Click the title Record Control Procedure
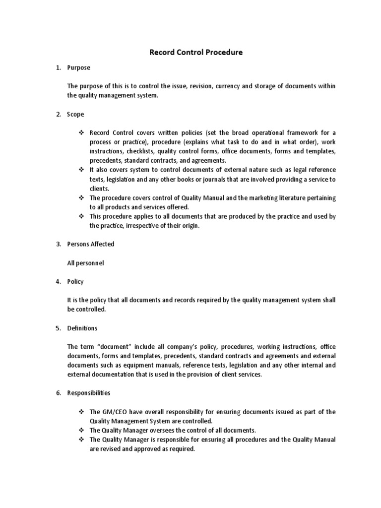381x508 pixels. pos(196,52)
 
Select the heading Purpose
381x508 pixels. pos(79,67)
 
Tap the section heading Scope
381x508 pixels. pos(76,114)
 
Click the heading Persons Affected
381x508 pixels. pos(90,244)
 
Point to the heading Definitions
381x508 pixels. pos(82,328)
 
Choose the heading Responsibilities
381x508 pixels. pos(89,393)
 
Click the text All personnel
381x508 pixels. pos(85,263)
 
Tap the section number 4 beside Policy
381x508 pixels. pos(58,282)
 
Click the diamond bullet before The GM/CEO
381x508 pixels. pos(81,412)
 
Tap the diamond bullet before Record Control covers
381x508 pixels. pos(81,133)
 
